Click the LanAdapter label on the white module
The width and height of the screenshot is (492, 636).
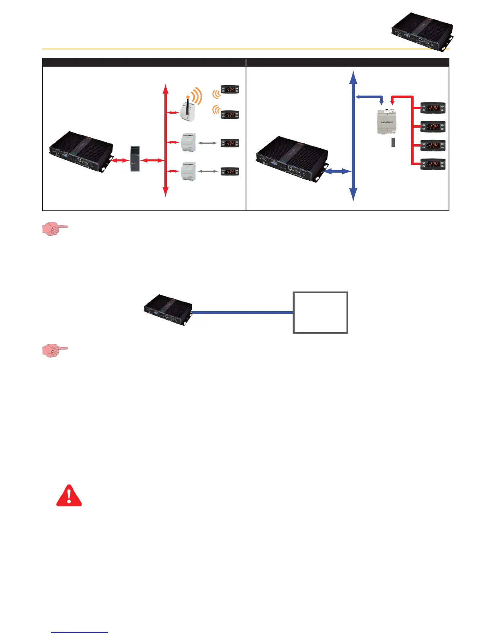pyautogui.click(x=387, y=122)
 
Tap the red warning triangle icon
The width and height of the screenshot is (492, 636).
pyautogui.click(x=69, y=496)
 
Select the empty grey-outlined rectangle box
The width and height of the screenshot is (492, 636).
pyautogui.click(x=320, y=312)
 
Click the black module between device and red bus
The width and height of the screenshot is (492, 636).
pyautogui.click(x=135, y=159)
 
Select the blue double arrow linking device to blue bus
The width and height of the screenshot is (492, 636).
pyautogui.click(x=337, y=172)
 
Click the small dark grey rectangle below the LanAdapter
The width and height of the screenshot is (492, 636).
pyautogui.click(x=394, y=142)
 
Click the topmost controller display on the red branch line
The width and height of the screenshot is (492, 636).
pyautogui.click(x=433, y=108)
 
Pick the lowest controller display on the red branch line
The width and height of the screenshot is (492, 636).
pyautogui.click(x=433, y=164)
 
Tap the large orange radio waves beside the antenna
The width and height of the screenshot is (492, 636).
pyautogui.click(x=196, y=97)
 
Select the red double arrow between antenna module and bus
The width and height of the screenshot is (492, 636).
pyautogui.click(x=173, y=113)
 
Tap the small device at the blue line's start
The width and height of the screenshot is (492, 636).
pyautogui.click(x=168, y=310)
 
